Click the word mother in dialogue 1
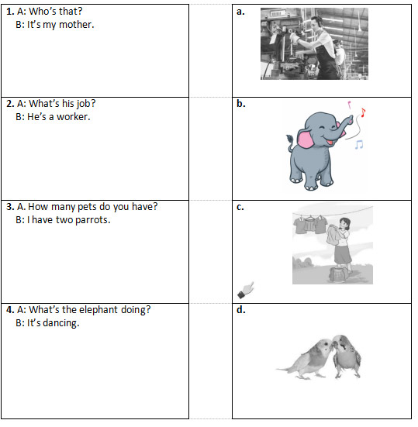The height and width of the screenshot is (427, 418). [77, 25]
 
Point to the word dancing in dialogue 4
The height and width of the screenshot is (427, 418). [61, 323]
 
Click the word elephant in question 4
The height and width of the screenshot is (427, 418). [98, 310]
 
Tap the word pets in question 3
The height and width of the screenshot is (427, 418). [87, 207]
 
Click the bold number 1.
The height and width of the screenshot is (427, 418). [10, 12]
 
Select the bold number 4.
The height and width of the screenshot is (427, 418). [10, 310]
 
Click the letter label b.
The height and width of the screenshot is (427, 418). [241, 104]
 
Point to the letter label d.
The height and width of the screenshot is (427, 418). [241, 310]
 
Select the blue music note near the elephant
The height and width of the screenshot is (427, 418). [359, 145]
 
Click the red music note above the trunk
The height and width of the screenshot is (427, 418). [363, 112]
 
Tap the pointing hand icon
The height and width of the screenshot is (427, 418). [246, 290]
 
